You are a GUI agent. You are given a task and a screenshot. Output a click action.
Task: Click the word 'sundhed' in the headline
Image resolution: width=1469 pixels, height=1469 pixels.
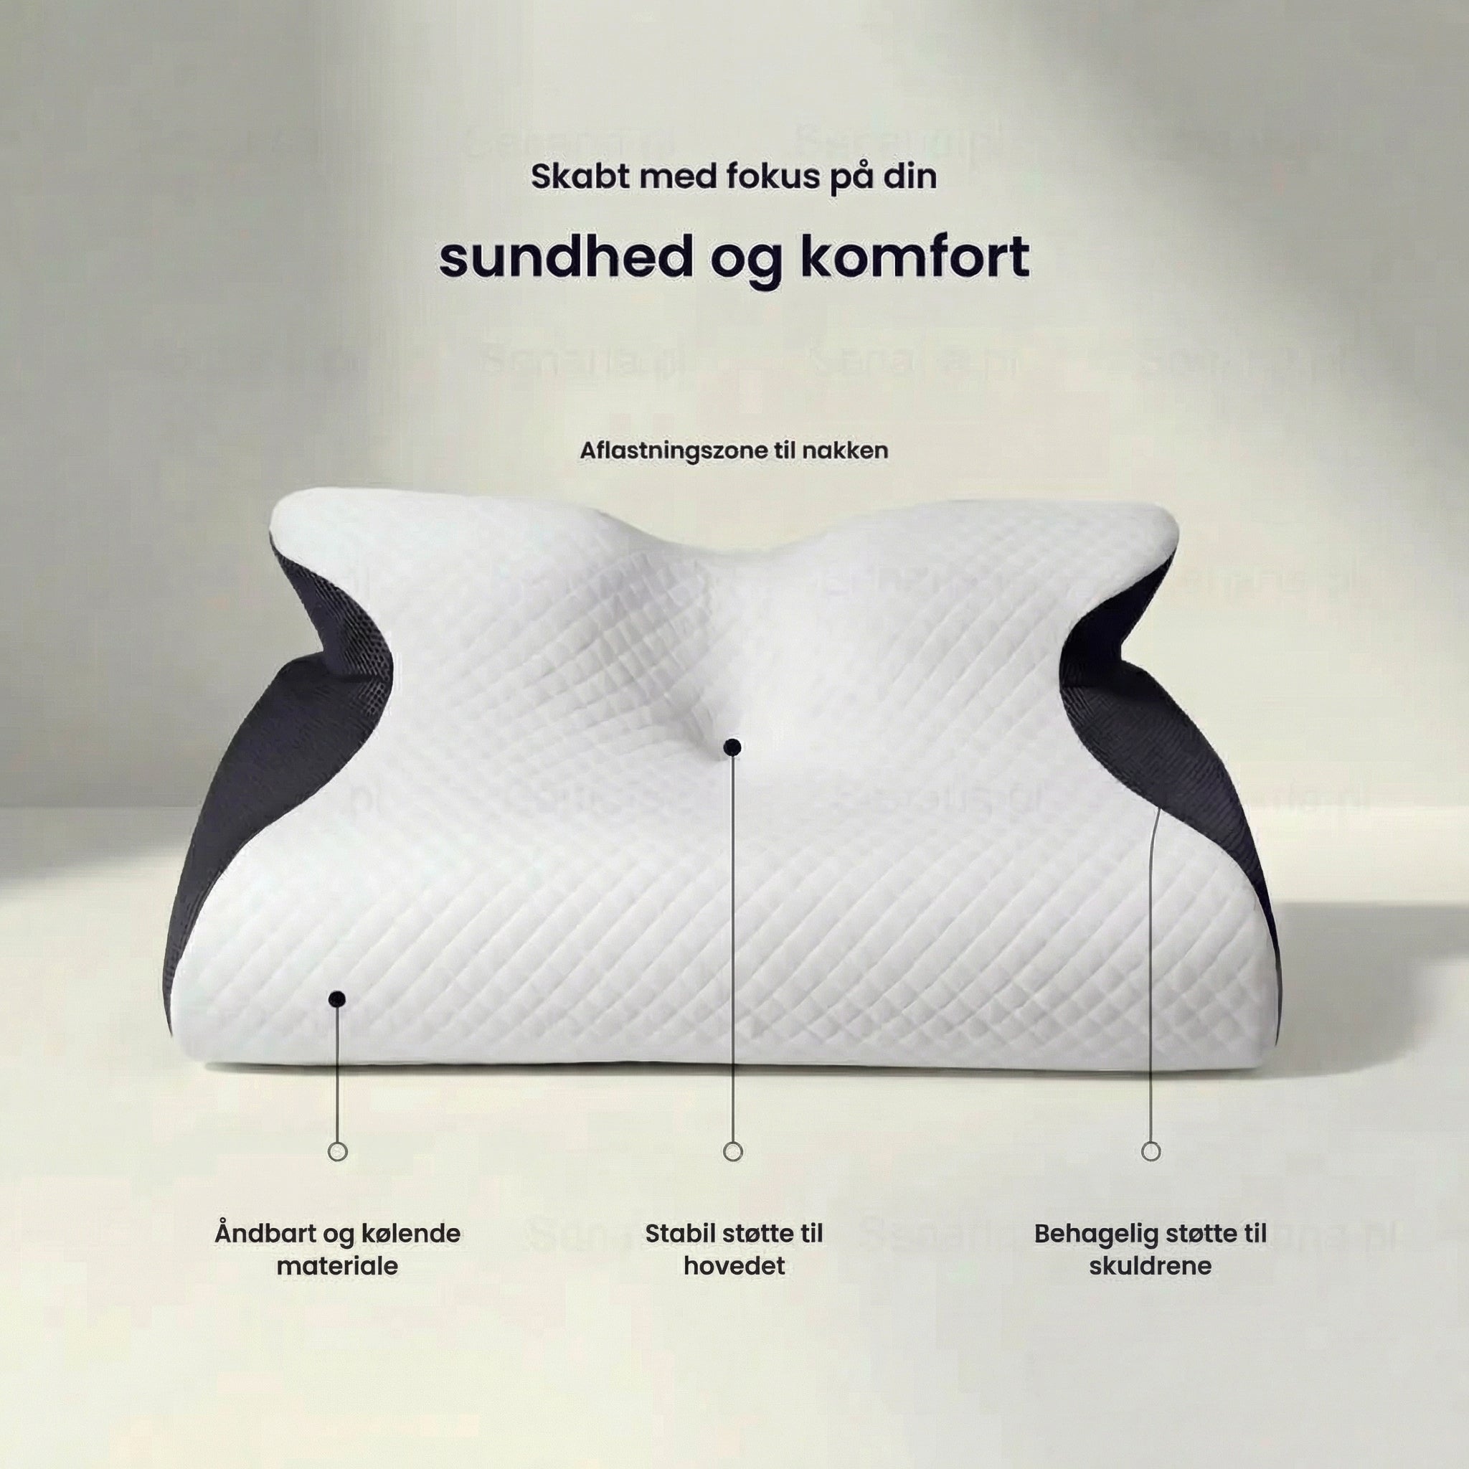566,258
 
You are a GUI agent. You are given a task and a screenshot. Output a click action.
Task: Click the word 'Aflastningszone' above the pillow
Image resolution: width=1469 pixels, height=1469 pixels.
674,450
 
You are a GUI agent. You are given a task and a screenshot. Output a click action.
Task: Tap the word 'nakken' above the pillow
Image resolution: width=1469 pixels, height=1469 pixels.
845,450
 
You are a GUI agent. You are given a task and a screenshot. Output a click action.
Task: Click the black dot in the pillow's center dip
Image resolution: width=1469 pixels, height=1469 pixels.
732,747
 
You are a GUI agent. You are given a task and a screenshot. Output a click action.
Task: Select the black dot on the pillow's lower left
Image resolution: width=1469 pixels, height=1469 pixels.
339,999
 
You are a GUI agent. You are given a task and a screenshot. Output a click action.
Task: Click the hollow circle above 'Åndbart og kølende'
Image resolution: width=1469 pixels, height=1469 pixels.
339,1151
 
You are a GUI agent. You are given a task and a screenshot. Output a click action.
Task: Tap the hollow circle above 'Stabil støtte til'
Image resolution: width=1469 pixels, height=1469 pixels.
733,1151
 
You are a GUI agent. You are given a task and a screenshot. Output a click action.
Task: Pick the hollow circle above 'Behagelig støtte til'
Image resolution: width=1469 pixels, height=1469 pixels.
1151,1151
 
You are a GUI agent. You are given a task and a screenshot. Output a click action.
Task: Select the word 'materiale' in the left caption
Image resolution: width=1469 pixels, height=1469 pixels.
338,1266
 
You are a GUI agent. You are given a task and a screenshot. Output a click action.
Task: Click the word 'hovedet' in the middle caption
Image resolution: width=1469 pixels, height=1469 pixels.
734,1266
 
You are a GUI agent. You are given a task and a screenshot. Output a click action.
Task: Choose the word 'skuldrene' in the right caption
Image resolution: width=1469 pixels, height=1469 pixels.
1151,1266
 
